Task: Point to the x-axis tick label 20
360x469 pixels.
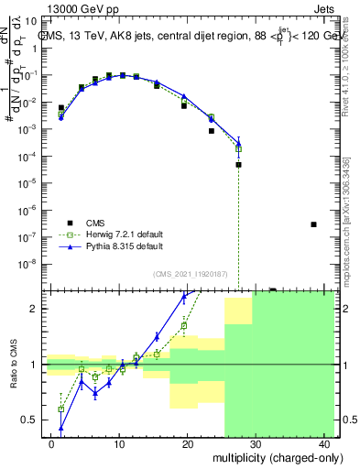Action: click(x=187, y=442)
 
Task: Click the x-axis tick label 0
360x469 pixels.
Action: click(x=51, y=442)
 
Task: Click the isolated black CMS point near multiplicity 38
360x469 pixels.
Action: click(x=313, y=224)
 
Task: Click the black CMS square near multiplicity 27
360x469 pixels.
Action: click(x=238, y=165)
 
